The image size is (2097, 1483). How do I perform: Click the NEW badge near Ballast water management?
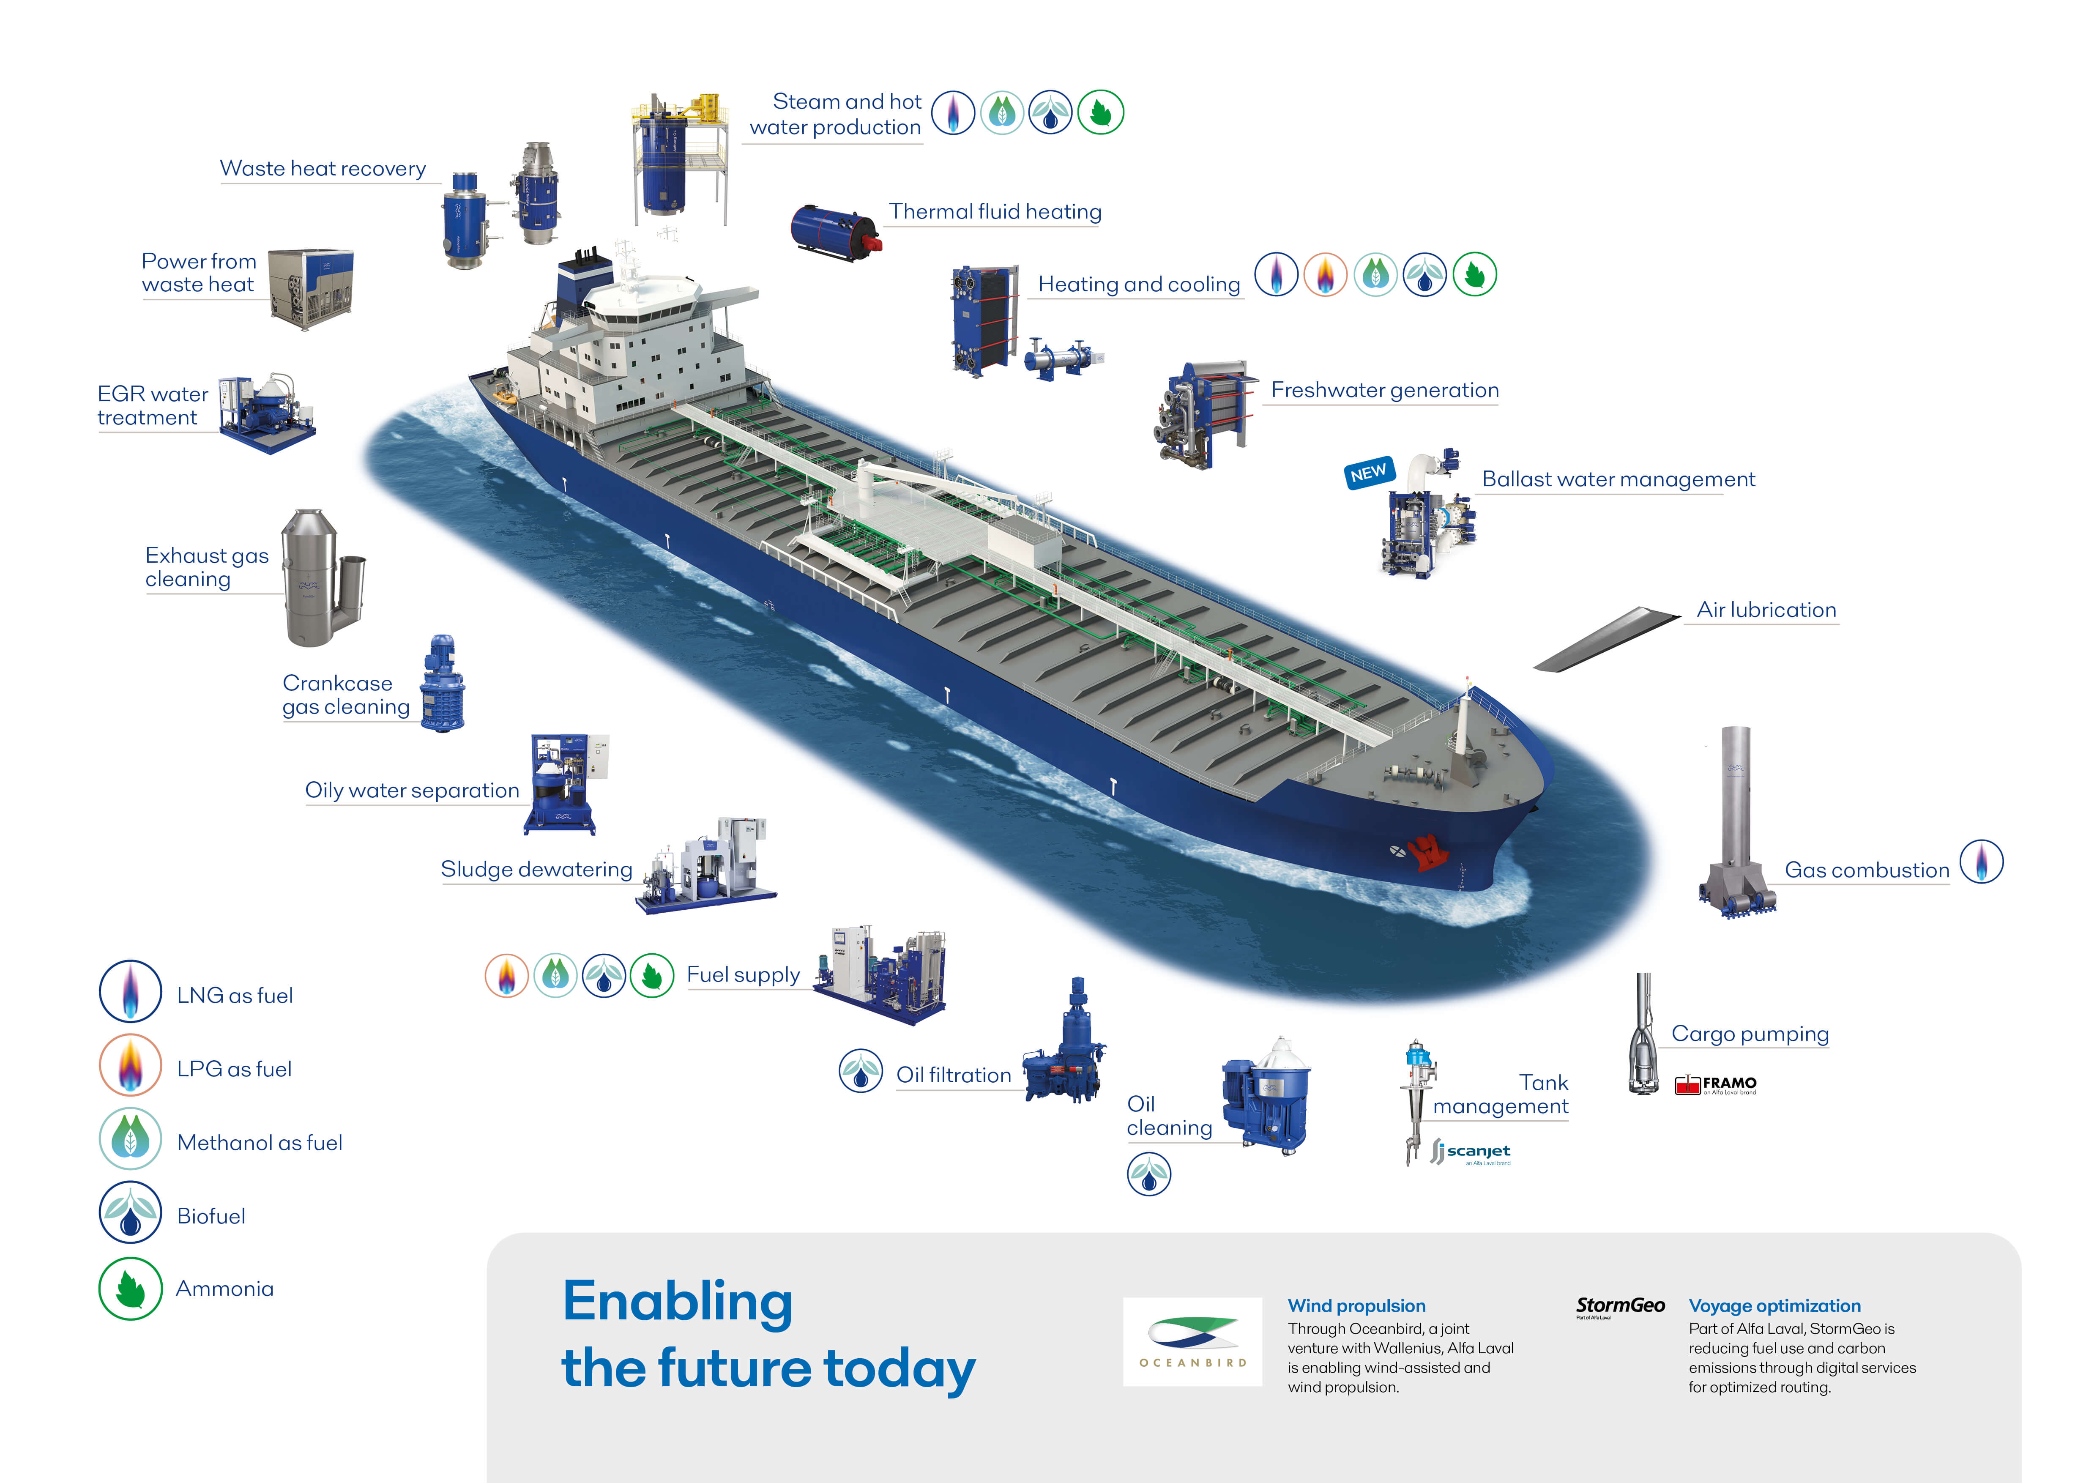pos(1368,472)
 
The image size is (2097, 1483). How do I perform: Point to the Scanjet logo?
pos(1471,1152)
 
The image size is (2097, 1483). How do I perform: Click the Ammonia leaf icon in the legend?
pos(131,1289)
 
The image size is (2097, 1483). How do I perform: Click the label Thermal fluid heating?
pos(995,212)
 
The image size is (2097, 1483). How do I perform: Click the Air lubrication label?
pos(1766,610)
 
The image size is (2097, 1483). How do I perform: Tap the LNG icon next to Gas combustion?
pos(1982,861)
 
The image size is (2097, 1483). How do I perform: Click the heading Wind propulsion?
pos(1356,1306)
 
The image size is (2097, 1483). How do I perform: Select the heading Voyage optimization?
pos(1774,1306)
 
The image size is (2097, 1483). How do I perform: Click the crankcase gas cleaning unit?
pos(442,683)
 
